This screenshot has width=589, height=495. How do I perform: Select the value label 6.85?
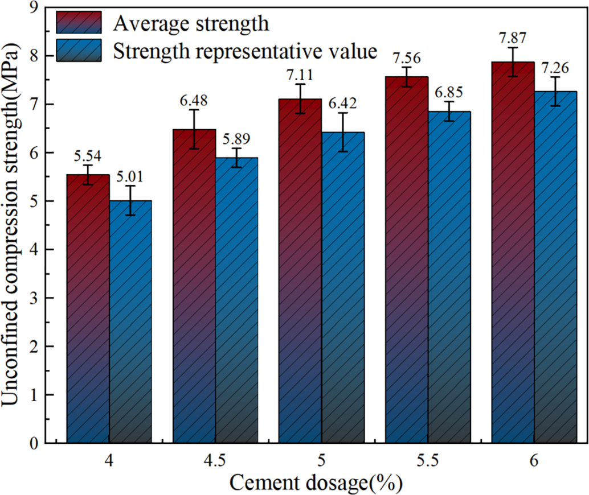pos(449,92)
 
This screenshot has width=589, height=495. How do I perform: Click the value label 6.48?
pos(194,100)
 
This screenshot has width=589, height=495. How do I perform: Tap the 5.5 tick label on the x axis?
pos(428,461)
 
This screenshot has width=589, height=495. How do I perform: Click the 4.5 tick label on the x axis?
pos(215,461)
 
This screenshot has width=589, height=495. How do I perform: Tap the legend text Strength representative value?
pos(245,52)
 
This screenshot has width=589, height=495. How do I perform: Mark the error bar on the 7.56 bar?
pos(407,77)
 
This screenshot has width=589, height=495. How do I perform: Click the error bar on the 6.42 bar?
pos(343,132)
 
